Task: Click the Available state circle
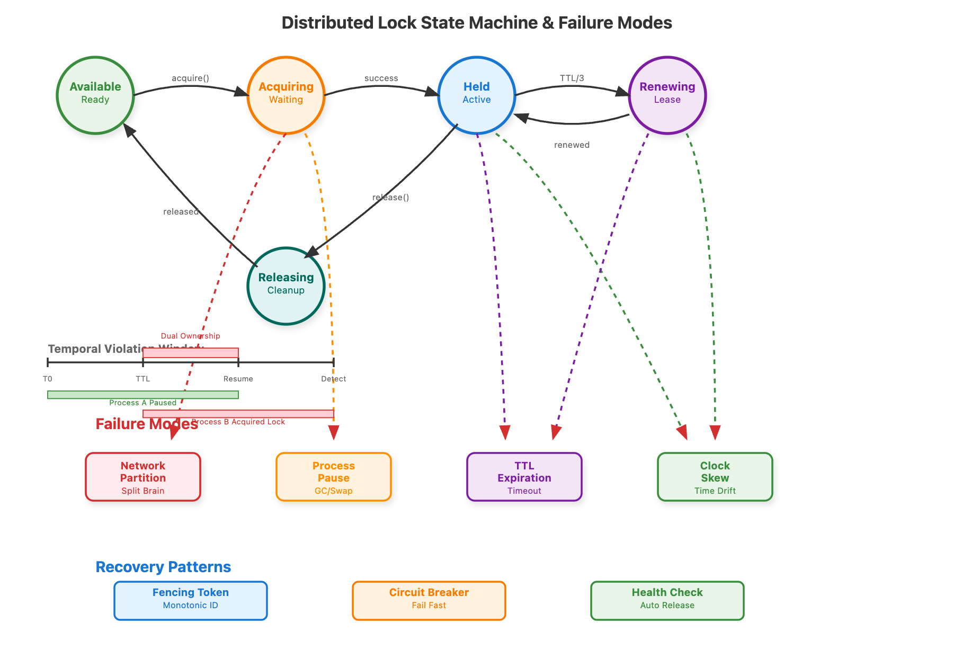pos(95,95)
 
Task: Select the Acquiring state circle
pos(286,95)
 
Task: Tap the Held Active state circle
pos(477,95)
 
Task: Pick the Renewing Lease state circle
pos(667,95)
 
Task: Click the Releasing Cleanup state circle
pos(286,286)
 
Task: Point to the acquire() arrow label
pos(190,78)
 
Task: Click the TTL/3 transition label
pos(572,78)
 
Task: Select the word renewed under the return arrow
pos(572,145)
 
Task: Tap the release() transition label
pos(390,198)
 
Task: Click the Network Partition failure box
pos(143,477)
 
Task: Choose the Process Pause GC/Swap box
pos(334,477)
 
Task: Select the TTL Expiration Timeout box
pos(524,477)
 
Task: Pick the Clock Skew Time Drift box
pos(715,477)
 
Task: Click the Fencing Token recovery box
pos(191,601)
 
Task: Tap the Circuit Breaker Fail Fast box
pos(429,601)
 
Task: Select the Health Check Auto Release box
pos(667,601)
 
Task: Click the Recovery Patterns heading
pos(163,567)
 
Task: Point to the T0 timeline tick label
pos(48,379)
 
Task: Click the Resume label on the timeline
pos(238,379)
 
